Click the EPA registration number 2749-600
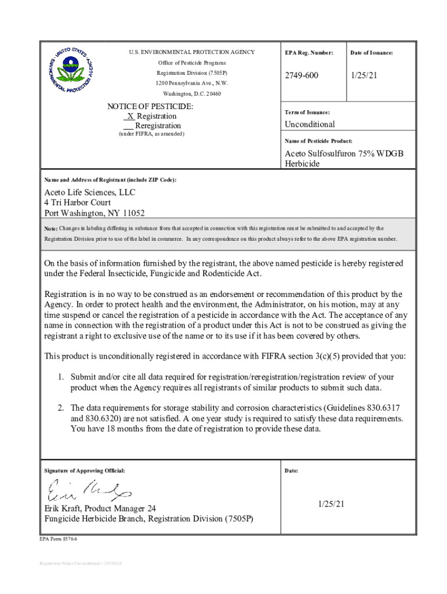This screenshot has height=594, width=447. pos(301,76)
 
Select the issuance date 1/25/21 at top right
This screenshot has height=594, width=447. pos(364,76)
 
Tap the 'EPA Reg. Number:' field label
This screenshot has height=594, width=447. pos(309,53)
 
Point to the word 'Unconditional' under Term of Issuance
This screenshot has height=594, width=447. pos(309,124)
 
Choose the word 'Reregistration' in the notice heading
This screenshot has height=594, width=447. pos(158,125)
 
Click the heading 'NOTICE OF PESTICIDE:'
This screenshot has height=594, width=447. pos(150,107)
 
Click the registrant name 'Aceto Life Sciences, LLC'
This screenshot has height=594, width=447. pos(90,193)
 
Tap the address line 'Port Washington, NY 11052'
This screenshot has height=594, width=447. pos(95,213)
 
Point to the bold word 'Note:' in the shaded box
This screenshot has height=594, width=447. pos(51,229)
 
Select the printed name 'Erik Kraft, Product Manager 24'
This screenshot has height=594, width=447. pos(100,509)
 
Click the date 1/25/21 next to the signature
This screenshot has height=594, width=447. pos(331,504)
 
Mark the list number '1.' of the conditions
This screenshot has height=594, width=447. pos(60,377)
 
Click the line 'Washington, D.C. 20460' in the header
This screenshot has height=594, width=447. pos(192,93)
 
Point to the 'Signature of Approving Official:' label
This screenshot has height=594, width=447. pos(85,470)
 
